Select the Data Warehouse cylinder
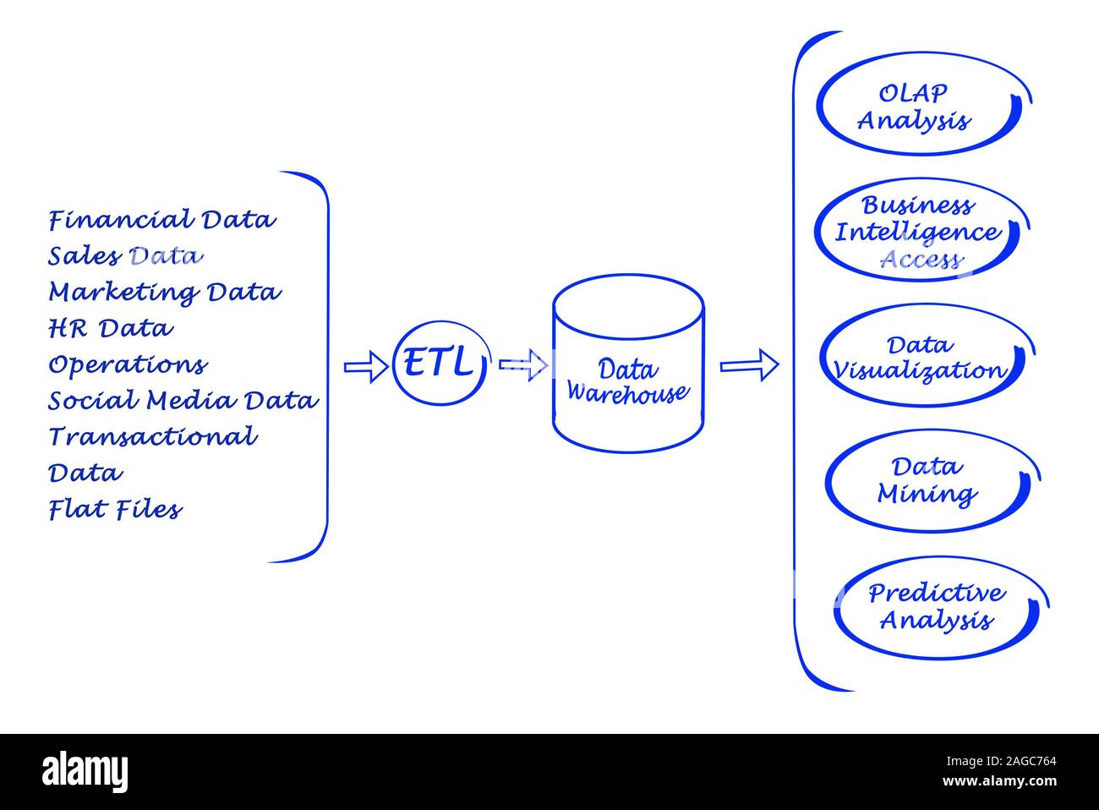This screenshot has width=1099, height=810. pos(627,365)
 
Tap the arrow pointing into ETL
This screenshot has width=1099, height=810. pos(365,367)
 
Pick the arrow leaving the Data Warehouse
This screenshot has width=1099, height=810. pos(748,365)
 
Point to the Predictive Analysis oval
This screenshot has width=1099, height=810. pos(936,607)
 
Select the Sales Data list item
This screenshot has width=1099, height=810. pos(125,255)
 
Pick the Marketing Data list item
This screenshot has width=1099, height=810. pos(164,293)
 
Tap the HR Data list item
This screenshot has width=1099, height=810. pos(111,328)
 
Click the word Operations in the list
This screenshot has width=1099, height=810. pos(128,364)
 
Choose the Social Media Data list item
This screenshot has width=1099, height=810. pos(183,400)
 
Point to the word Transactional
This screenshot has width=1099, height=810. pos(153,436)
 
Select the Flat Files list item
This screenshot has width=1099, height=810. pos(115,509)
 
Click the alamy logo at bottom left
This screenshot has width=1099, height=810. pos(85,771)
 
